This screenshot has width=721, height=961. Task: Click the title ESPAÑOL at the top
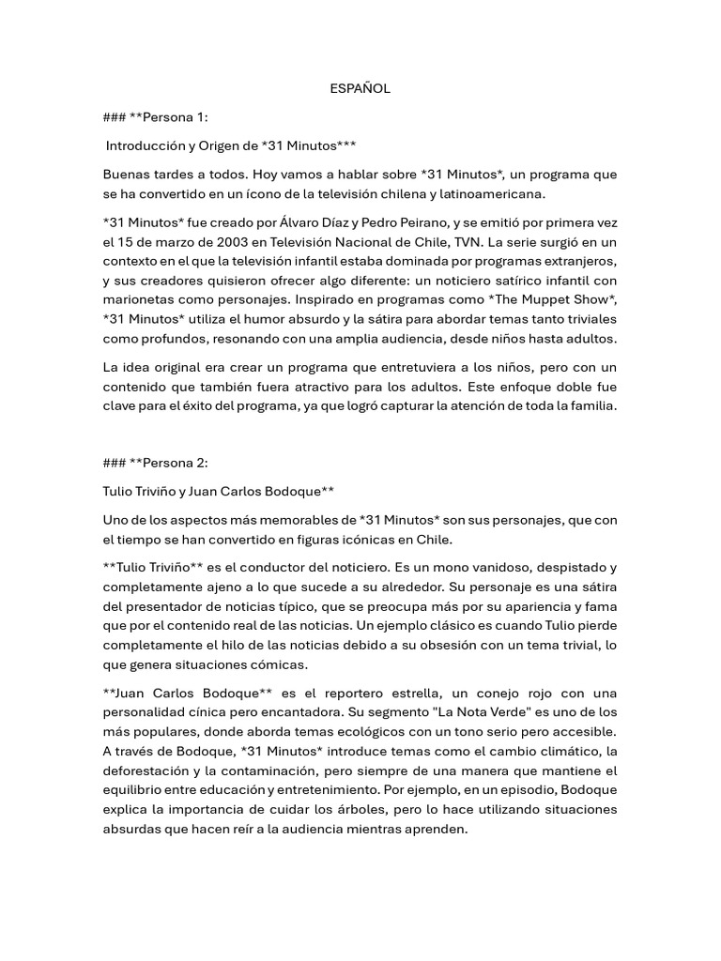point(360,88)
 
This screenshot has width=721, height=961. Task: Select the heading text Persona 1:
point(177,117)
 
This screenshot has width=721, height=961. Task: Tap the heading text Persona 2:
point(177,462)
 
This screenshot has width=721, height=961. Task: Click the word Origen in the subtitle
point(228,146)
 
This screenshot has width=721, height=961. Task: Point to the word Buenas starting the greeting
point(127,175)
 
